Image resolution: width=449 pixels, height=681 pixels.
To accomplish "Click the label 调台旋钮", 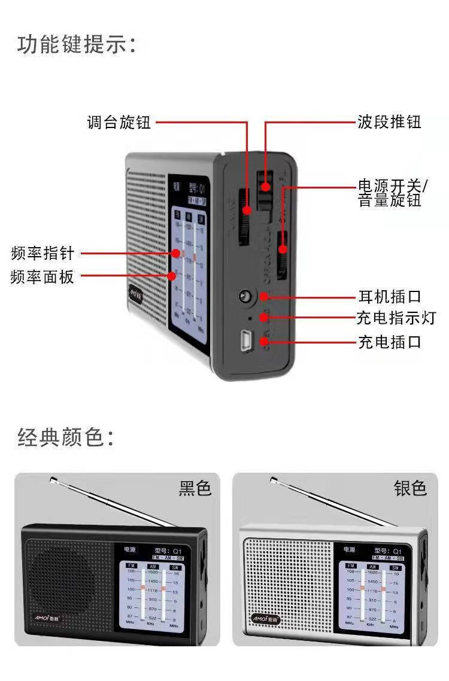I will pyautogui.click(x=119, y=123).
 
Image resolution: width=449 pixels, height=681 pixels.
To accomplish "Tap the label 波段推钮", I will pyautogui.click(x=389, y=122).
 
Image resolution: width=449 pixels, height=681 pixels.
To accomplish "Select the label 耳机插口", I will pyautogui.click(x=389, y=296).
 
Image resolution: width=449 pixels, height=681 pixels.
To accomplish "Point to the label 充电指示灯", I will pyautogui.click(x=396, y=318).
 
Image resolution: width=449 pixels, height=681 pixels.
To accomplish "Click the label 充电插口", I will pyautogui.click(x=389, y=342).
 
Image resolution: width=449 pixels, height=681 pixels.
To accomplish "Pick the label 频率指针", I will pyautogui.click(x=43, y=253).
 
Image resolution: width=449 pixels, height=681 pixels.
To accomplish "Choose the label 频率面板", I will pyautogui.click(x=43, y=277).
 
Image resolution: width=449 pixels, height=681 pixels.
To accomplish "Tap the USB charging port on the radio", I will pyautogui.click(x=245, y=341).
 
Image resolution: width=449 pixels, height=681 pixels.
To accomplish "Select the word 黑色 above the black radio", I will pyautogui.click(x=195, y=488).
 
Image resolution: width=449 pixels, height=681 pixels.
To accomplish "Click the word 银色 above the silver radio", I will pyautogui.click(x=410, y=488).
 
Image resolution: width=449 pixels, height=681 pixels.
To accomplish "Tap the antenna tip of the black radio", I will pyautogui.click(x=53, y=479).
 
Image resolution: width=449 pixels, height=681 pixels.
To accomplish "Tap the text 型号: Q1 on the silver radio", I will pyautogui.click(x=387, y=551).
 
